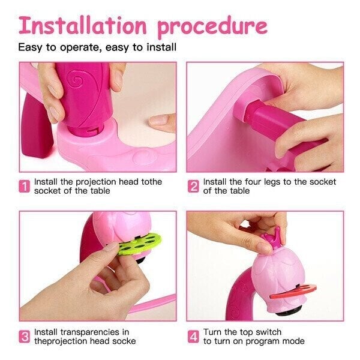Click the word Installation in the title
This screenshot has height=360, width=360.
click(x=83, y=25)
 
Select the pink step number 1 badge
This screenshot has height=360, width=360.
click(x=25, y=186)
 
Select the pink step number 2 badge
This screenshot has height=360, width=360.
click(x=193, y=186)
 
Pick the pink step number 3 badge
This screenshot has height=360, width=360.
click(x=25, y=337)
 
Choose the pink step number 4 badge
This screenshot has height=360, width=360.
click(x=193, y=337)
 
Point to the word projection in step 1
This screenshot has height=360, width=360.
click(x=96, y=182)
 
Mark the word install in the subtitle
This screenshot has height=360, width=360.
click(x=161, y=47)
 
